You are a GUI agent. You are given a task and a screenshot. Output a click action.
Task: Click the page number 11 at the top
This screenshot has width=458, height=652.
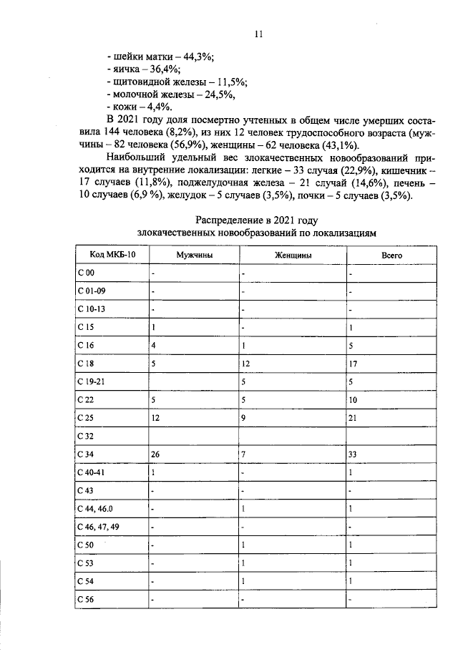click(x=258, y=34)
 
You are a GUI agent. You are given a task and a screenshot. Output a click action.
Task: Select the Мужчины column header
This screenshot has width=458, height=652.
click(x=194, y=255)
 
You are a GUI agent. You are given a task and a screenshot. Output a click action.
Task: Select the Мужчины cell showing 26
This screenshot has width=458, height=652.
click(x=156, y=454)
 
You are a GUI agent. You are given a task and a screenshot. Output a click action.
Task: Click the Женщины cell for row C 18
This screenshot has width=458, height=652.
click(x=245, y=364)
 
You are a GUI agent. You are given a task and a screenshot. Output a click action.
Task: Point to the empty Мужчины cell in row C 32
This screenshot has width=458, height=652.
click(x=193, y=435)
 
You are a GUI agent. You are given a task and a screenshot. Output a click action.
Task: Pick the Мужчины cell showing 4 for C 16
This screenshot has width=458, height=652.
click(x=154, y=345)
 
